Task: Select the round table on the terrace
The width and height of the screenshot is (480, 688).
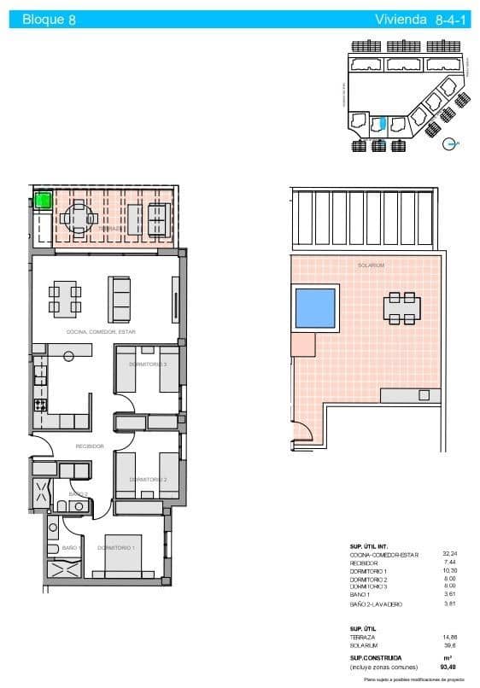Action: click(78, 218)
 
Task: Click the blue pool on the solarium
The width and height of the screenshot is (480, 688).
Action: click(314, 308)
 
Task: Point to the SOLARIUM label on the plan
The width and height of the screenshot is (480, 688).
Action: click(372, 265)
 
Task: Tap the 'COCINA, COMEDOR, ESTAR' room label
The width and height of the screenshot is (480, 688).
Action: click(101, 331)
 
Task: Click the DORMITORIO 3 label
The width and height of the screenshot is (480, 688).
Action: click(148, 364)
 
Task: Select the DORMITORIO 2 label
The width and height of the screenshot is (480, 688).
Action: click(148, 480)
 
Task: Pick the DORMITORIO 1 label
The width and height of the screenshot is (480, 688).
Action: click(116, 547)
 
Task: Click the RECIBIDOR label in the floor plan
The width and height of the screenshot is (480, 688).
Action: click(90, 446)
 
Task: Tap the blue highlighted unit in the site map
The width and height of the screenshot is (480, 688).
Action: click(383, 125)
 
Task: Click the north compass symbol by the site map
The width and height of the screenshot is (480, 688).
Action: click(451, 144)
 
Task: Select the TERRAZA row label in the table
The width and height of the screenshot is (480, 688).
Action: click(363, 637)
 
